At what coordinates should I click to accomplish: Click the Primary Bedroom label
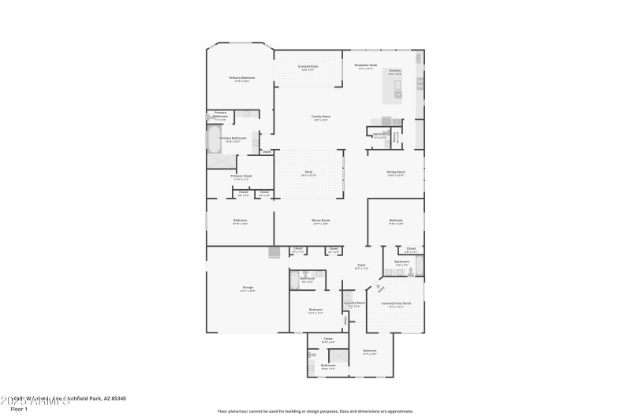(242, 78)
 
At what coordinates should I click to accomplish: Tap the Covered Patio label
(308, 67)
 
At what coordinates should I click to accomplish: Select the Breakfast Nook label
(367, 67)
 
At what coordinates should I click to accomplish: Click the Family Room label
(321, 117)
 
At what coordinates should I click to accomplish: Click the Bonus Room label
(320, 221)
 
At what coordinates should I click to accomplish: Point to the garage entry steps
(274, 252)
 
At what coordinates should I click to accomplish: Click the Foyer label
(361, 266)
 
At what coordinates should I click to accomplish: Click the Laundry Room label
(354, 303)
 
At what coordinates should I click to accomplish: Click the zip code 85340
(118, 399)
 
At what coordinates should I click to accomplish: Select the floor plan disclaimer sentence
(315, 411)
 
